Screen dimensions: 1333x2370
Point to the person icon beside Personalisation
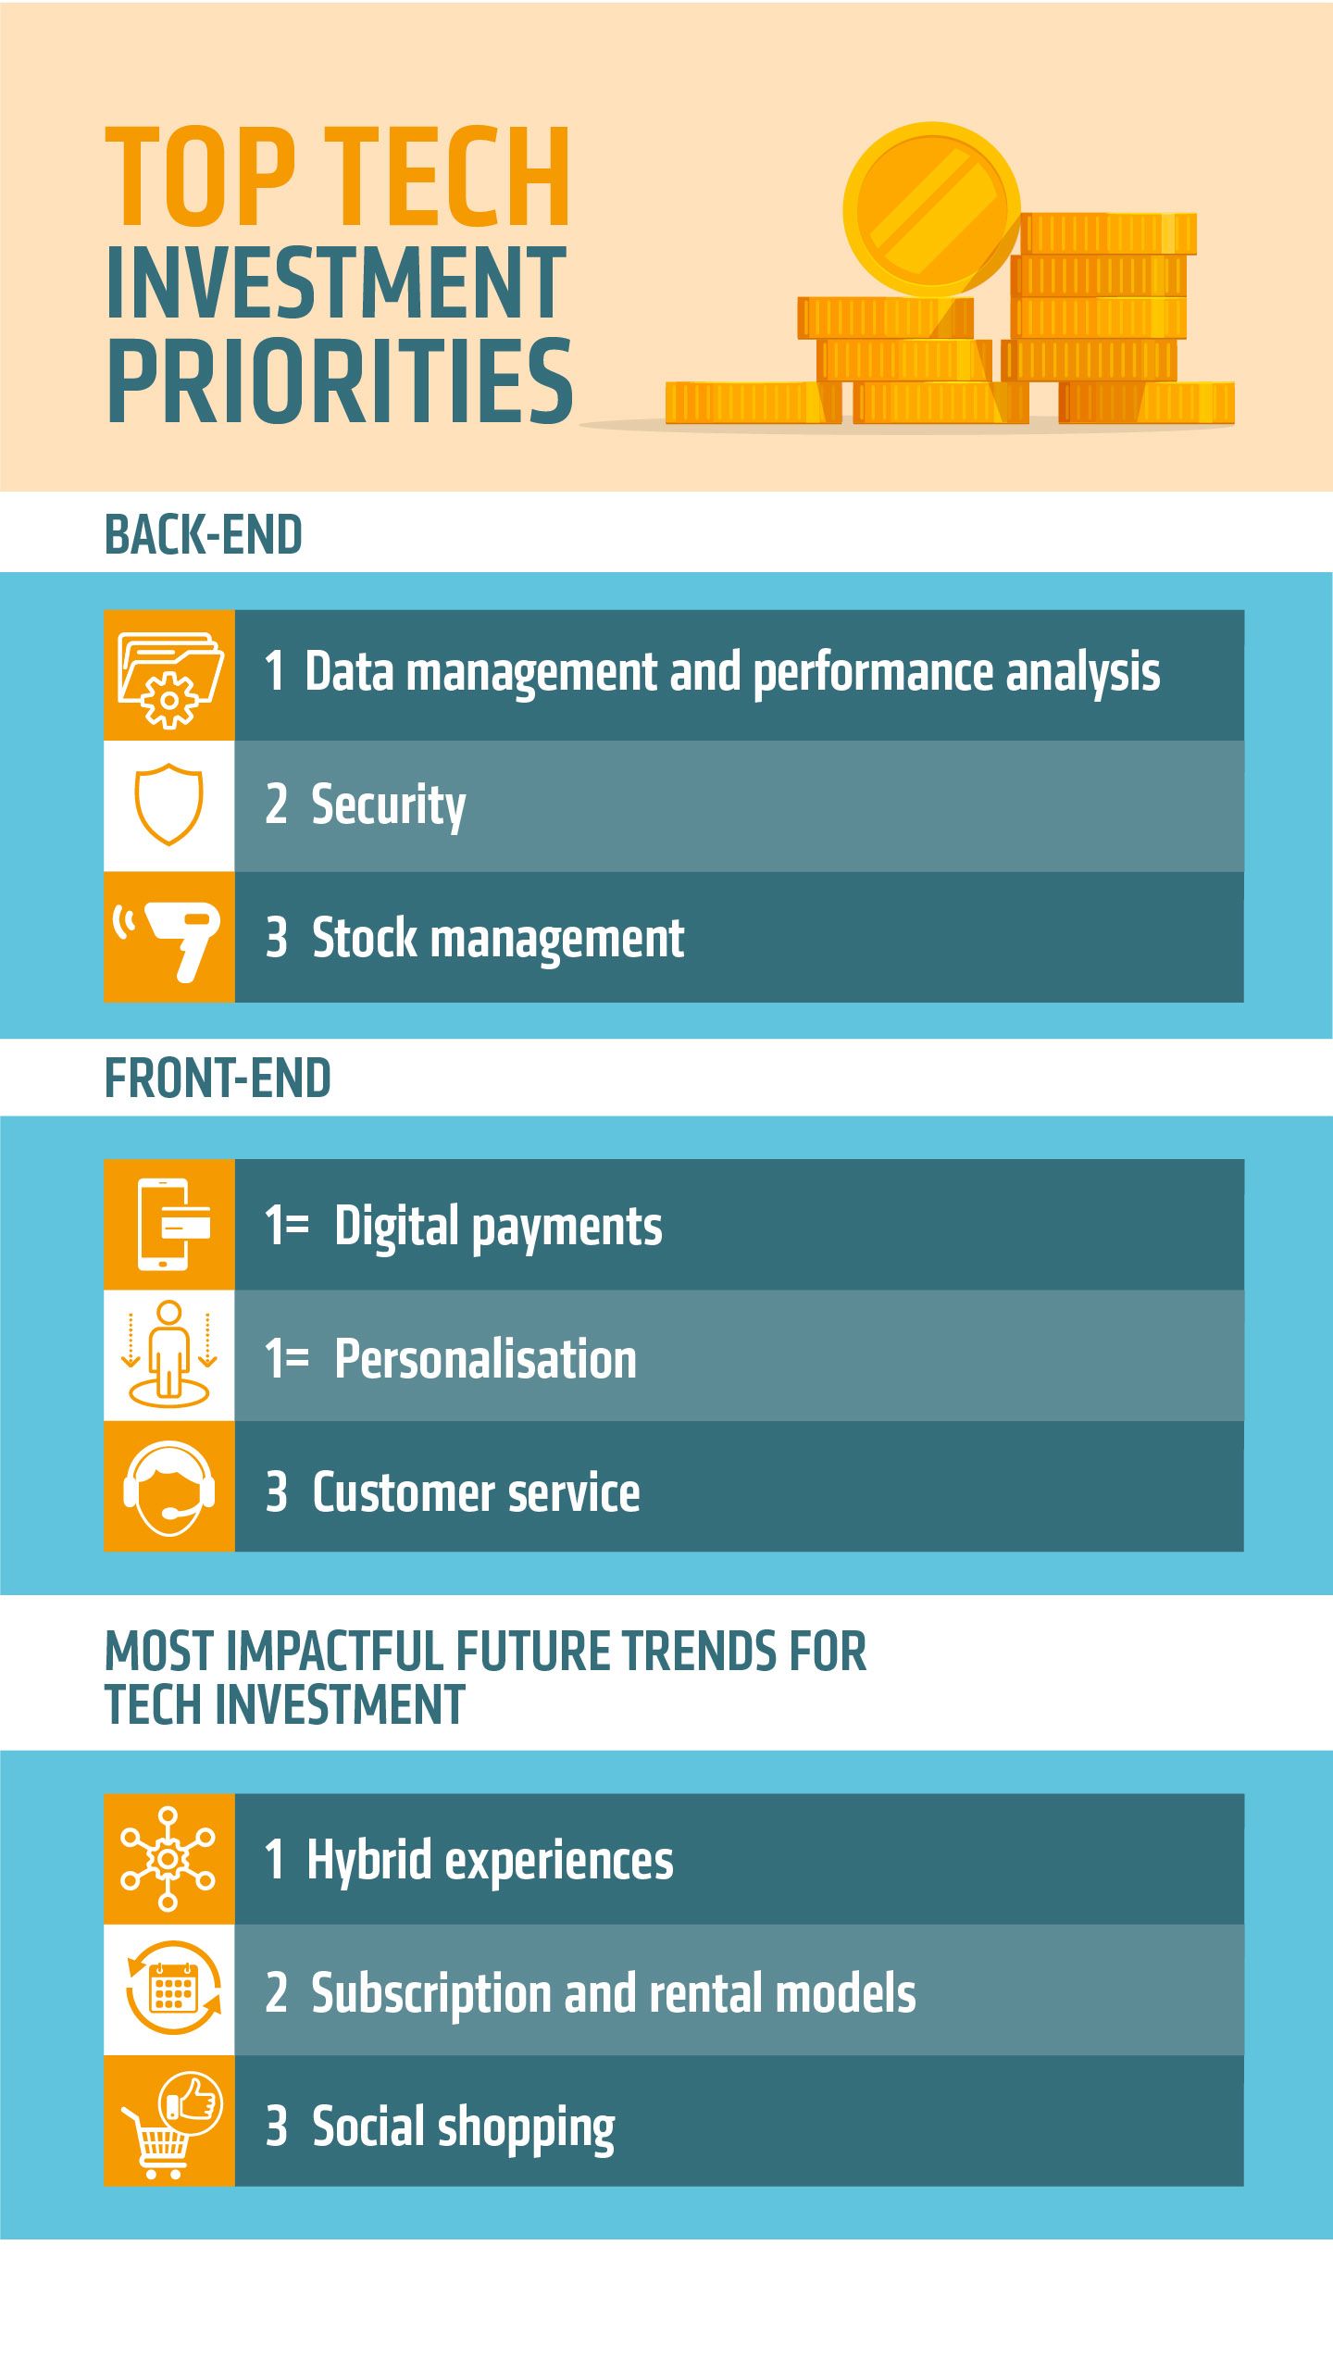tap(168, 1354)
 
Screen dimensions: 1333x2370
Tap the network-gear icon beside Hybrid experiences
tap(168, 1858)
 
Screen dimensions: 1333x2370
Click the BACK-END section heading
tap(204, 535)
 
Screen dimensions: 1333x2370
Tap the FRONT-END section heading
tap(218, 1079)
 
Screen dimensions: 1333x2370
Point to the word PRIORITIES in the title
tap(340, 380)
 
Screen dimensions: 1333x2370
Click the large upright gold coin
tap(931, 211)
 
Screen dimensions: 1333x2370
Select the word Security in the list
tap(388, 805)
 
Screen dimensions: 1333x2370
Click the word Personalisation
tap(485, 1358)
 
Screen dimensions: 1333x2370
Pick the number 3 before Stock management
tap(276, 937)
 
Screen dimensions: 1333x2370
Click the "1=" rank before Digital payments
tap(286, 1225)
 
